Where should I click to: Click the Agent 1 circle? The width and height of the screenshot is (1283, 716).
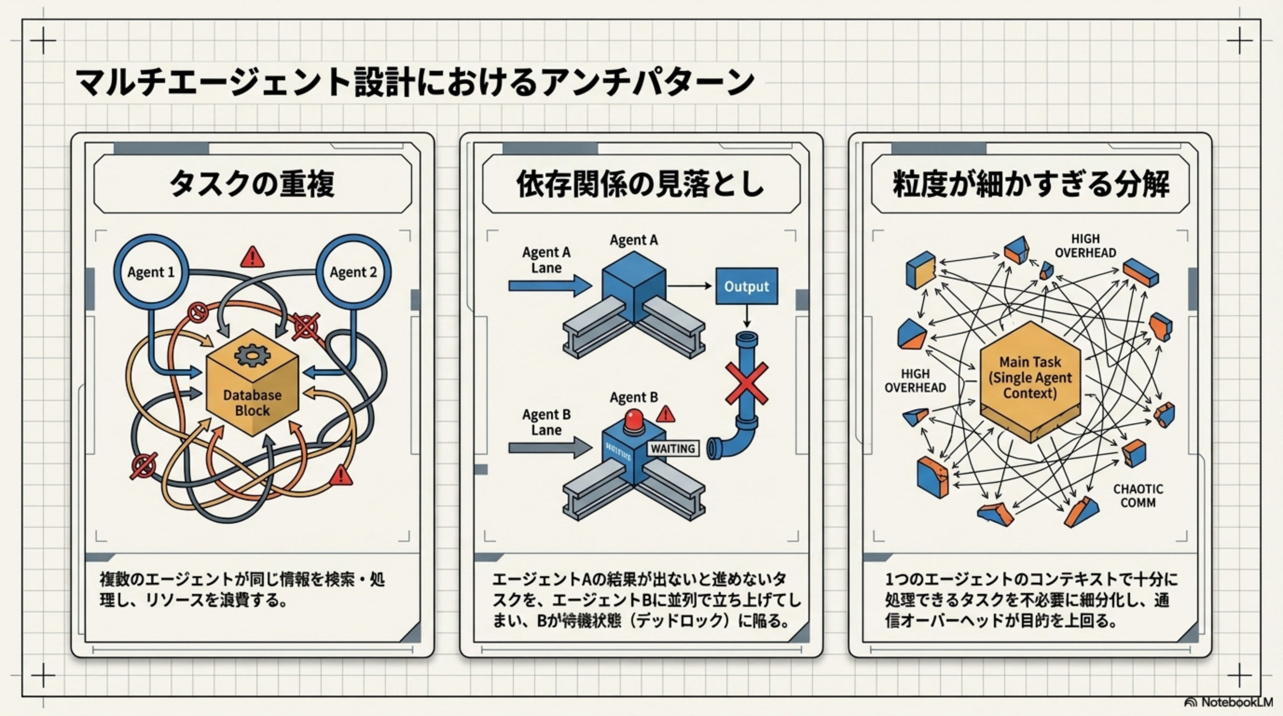(x=151, y=272)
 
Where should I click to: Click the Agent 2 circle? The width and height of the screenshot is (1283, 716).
(x=354, y=272)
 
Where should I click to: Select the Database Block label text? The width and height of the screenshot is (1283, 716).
(x=252, y=403)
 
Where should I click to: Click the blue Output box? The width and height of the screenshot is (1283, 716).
(x=746, y=286)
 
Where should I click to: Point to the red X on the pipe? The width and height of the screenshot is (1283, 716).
(x=746, y=383)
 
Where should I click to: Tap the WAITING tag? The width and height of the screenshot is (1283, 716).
(x=672, y=448)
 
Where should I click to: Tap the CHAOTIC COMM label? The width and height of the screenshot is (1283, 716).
(x=1138, y=496)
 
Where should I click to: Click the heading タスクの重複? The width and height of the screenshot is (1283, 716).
(x=252, y=184)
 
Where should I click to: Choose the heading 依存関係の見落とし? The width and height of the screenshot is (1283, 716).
(x=641, y=184)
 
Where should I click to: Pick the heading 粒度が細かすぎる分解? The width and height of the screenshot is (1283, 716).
(x=1030, y=184)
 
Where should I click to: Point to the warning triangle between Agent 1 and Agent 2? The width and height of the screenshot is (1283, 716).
(x=253, y=257)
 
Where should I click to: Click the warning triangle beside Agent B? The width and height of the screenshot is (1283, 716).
(x=665, y=414)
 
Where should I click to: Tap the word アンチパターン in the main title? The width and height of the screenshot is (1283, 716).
(x=648, y=82)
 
